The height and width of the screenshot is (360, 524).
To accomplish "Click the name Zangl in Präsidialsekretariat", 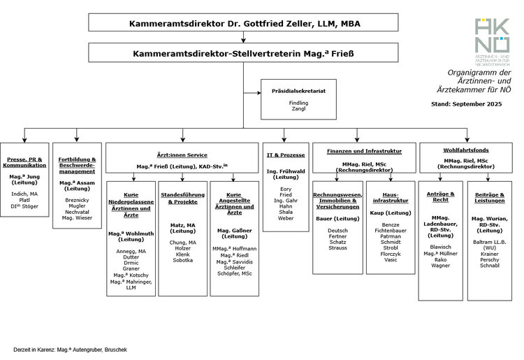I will pyautogui.click(x=298, y=109).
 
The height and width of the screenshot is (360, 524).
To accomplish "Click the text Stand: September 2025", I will pyautogui.click(x=467, y=103).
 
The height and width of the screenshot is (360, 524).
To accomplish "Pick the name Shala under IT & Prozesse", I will pyautogui.click(x=285, y=212).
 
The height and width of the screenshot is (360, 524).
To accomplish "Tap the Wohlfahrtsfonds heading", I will pyautogui.click(x=465, y=150).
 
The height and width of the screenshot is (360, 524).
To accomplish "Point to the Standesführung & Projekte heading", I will pyautogui.click(x=182, y=197).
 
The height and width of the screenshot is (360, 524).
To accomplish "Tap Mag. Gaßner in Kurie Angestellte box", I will pyautogui.click(x=234, y=230).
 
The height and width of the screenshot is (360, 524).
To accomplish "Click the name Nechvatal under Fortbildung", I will pyautogui.click(x=77, y=212).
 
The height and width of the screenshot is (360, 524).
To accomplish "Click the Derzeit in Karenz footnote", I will pyautogui.click(x=70, y=349).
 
